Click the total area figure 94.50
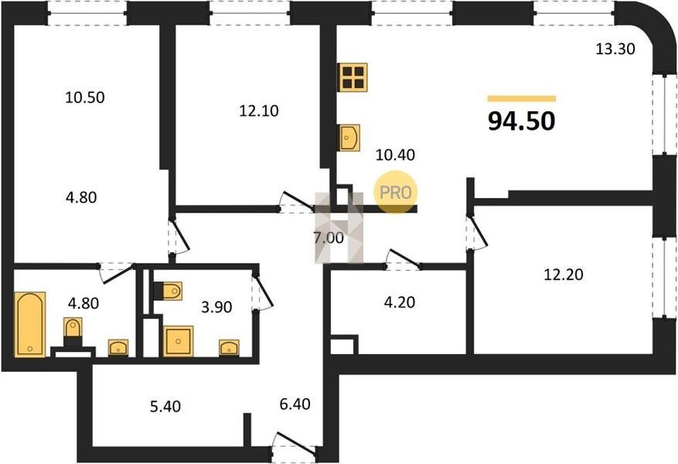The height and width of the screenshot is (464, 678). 522,121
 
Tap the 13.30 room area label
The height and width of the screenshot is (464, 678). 615,49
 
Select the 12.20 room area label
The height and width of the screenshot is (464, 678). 563,275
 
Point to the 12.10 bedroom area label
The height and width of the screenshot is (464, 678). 258,111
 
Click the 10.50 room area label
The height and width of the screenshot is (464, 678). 85,97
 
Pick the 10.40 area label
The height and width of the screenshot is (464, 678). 395,155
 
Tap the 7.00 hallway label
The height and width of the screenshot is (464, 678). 329,238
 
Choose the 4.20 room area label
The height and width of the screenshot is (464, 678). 400,302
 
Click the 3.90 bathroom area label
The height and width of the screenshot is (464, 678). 216,307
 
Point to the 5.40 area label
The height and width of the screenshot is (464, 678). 165,407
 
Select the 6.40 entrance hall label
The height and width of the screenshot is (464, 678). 295,404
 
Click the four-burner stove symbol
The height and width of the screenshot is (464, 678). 353,77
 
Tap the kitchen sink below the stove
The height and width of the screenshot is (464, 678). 349,138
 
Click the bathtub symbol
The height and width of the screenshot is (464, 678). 29,324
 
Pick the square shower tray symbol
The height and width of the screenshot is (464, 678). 178,341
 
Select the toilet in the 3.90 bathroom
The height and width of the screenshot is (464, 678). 168,291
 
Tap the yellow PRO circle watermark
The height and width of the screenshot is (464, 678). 396,192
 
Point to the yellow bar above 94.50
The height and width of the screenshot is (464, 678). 522,98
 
